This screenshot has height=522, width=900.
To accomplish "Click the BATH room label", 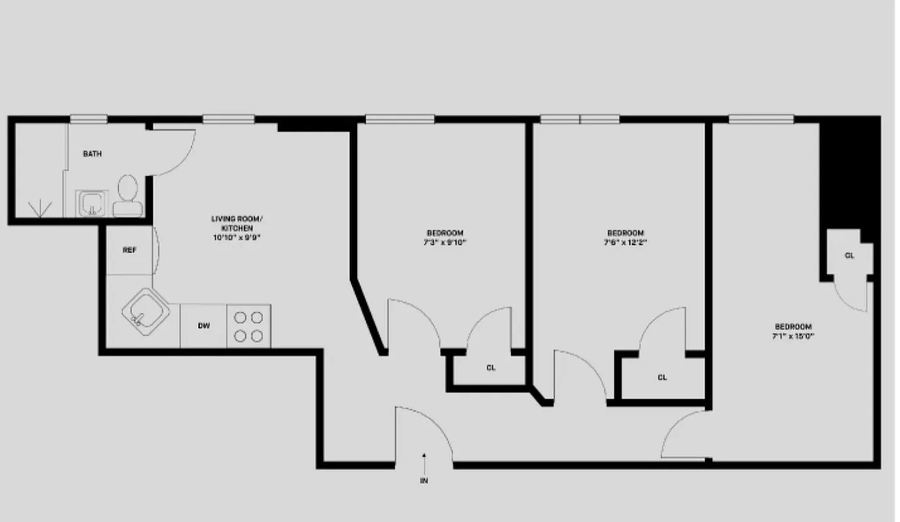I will [x=92, y=154].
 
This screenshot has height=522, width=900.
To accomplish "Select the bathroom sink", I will [x=91, y=204].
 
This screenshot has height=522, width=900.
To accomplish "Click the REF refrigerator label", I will [x=129, y=250].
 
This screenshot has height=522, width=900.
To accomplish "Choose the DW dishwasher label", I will [x=204, y=326].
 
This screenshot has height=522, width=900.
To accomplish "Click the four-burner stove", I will [x=249, y=326].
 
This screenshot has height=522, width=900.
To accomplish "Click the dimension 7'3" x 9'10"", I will [x=445, y=242].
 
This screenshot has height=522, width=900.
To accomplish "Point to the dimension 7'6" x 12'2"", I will [x=625, y=242].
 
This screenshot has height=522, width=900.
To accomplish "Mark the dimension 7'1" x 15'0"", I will [x=793, y=336].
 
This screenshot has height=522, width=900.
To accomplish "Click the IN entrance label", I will [x=424, y=482].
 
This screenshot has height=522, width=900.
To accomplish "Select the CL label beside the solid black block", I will [x=849, y=256].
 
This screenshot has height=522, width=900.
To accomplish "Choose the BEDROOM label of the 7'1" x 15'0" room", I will [x=793, y=327].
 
